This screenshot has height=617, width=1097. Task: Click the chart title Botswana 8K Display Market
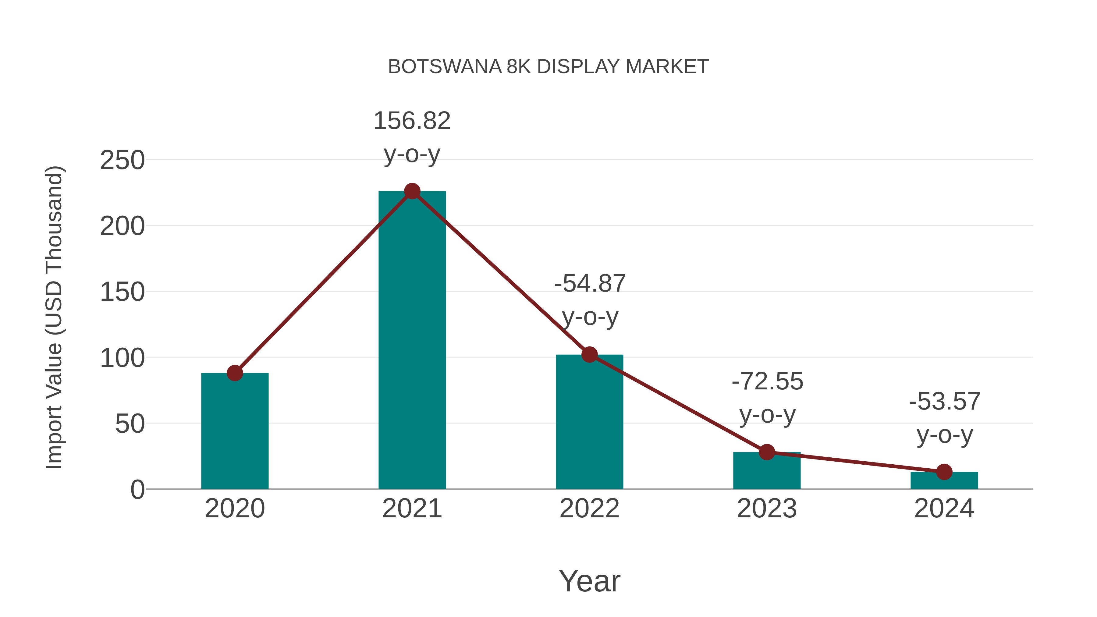pyautogui.click(x=548, y=67)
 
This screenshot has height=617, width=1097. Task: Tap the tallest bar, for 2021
pyautogui.click(x=412, y=341)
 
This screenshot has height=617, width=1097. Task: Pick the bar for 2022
pyautogui.click(x=589, y=422)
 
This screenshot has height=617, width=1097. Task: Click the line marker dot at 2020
pyautogui.click(x=235, y=373)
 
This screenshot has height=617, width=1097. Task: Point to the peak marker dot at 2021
pyautogui.click(x=412, y=191)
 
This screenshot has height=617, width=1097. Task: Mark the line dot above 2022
pyautogui.click(x=589, y=354)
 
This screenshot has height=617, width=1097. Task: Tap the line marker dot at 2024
pyautogui.click(x=944, y=472)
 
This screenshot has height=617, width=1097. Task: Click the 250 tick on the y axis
pyautogui.click(x=122, y=161)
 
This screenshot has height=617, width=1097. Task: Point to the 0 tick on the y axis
pyautogui.click(x=137, y=490)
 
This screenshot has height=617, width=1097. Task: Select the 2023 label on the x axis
pyautogui.click(x=767, y=509)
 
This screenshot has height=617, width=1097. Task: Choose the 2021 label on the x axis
pyautogui.click(x=412, y=509)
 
